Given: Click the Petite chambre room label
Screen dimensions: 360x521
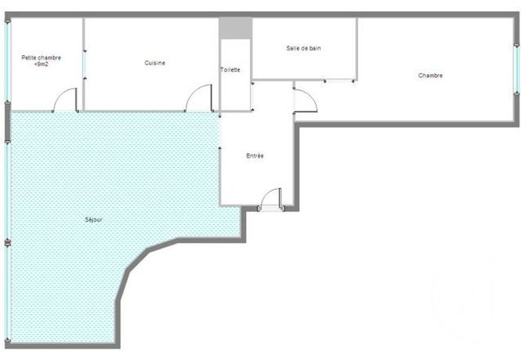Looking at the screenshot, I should point(41,57).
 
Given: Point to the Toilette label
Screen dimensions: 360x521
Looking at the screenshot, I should point(230,70).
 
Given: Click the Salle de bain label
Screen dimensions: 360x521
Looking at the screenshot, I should point(303,48).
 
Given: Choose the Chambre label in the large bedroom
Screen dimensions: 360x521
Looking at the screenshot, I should point(430,76).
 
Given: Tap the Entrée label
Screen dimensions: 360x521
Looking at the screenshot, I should point(255,155).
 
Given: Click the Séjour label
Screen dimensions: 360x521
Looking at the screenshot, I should point(94,219).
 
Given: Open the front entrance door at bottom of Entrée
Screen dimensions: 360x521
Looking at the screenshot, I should point(270,200).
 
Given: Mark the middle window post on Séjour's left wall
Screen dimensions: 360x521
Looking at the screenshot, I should point(7,242).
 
